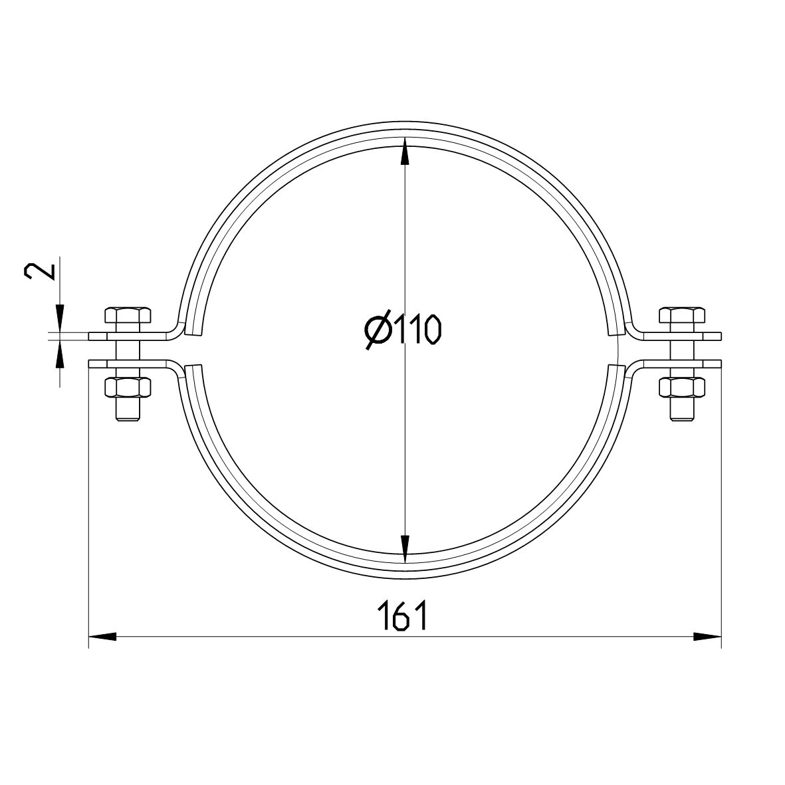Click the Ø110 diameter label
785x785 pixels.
click(x=403, y=330)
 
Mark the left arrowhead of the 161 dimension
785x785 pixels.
click(x=102, y=636)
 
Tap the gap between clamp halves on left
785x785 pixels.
click(x=189, y=349)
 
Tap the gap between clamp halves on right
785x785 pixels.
click(x=617, y=349)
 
